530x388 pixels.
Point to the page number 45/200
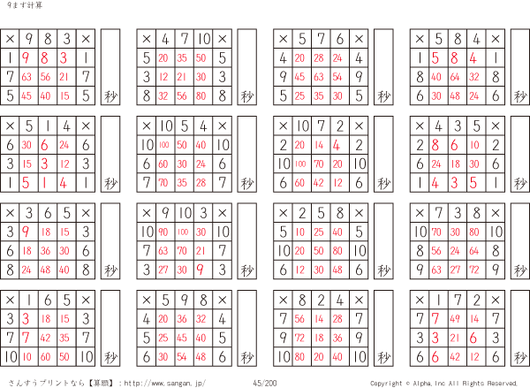[264, 383]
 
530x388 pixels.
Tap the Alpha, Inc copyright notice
[443, 383]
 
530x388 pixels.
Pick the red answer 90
[163, 232]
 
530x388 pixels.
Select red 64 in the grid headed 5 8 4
[458, 77]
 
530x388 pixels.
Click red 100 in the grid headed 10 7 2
[300, 164]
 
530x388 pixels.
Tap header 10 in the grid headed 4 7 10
[203, 39]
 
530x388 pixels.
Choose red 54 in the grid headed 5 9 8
[183, 357]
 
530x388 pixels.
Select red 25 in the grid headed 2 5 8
[321, 232]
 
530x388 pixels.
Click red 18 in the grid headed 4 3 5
[458, 164]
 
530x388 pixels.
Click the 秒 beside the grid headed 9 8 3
[110, 95]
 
